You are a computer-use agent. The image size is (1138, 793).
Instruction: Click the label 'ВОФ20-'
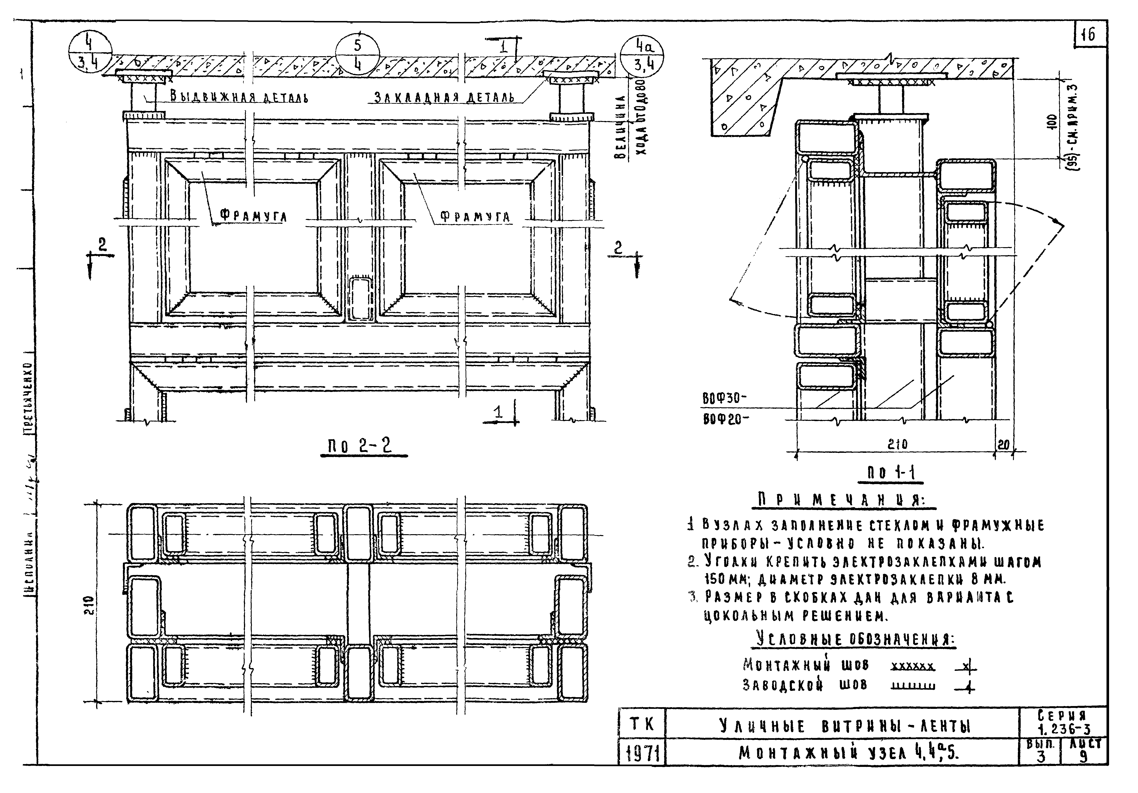725,419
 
